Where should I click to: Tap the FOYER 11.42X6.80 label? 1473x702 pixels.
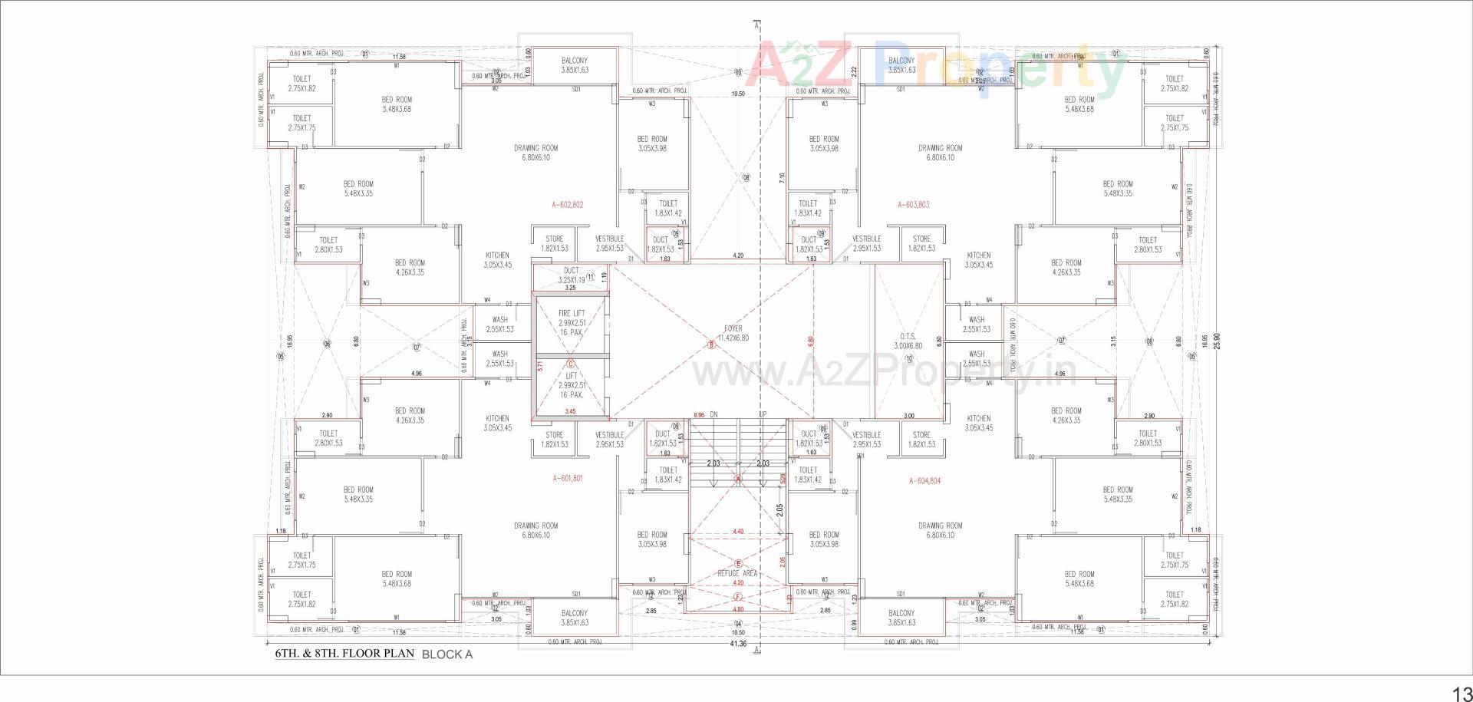pyautogui.click(x=733, y=333)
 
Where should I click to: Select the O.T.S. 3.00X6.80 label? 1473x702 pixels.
pyautogui.click(x=908, y=341)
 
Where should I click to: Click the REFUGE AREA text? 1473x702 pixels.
pyautogui.click(x=737, y=573)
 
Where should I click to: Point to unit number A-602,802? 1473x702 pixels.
pyautogui.click(x=568, y=205)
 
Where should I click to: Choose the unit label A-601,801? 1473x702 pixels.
pyautogui.click(x=568, y=478)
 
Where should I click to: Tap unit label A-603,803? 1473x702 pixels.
pyautogui.click(x=913, y=205)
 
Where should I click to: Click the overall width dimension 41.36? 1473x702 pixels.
pyautogui.click(x=738, y=644)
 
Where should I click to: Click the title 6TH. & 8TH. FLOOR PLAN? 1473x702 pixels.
pyautogui.click(x=344, y=654)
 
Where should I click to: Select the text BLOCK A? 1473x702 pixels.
pyautogui.click(x=447, y=654)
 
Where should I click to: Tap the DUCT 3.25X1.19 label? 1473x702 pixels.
pyautogui.click(x=572, y=275)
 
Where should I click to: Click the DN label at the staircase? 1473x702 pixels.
pyautogui.click(x=713, y=414)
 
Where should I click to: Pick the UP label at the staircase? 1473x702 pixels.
pyautogui.click(x=763, y=414)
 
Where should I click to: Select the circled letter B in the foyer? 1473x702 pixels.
pyautogui.click(x=711, y=345)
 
